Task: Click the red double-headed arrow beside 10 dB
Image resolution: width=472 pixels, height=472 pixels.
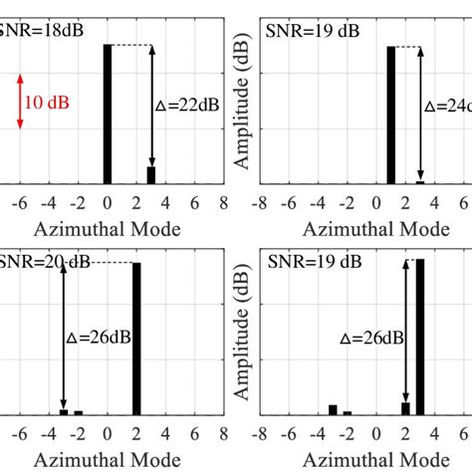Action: point(20,104)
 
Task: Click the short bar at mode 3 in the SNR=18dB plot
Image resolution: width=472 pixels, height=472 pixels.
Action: point(151,175)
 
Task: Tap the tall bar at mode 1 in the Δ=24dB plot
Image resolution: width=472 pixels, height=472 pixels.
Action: point(390,115)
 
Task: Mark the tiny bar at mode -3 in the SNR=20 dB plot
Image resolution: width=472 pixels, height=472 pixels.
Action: point(64,411)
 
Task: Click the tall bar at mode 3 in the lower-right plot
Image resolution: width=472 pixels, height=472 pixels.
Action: point(420,337)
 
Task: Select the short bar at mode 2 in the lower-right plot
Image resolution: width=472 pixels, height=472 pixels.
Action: point(405,407)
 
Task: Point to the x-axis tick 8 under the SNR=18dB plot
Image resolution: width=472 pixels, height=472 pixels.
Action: point(224,202)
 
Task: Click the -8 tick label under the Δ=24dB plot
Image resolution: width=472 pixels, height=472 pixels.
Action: point(260,202)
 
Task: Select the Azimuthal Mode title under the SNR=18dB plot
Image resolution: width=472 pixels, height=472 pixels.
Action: point(108,229)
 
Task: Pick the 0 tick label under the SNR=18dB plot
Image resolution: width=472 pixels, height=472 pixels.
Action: point(108,202)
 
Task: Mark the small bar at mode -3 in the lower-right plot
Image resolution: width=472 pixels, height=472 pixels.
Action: point(333,409)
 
